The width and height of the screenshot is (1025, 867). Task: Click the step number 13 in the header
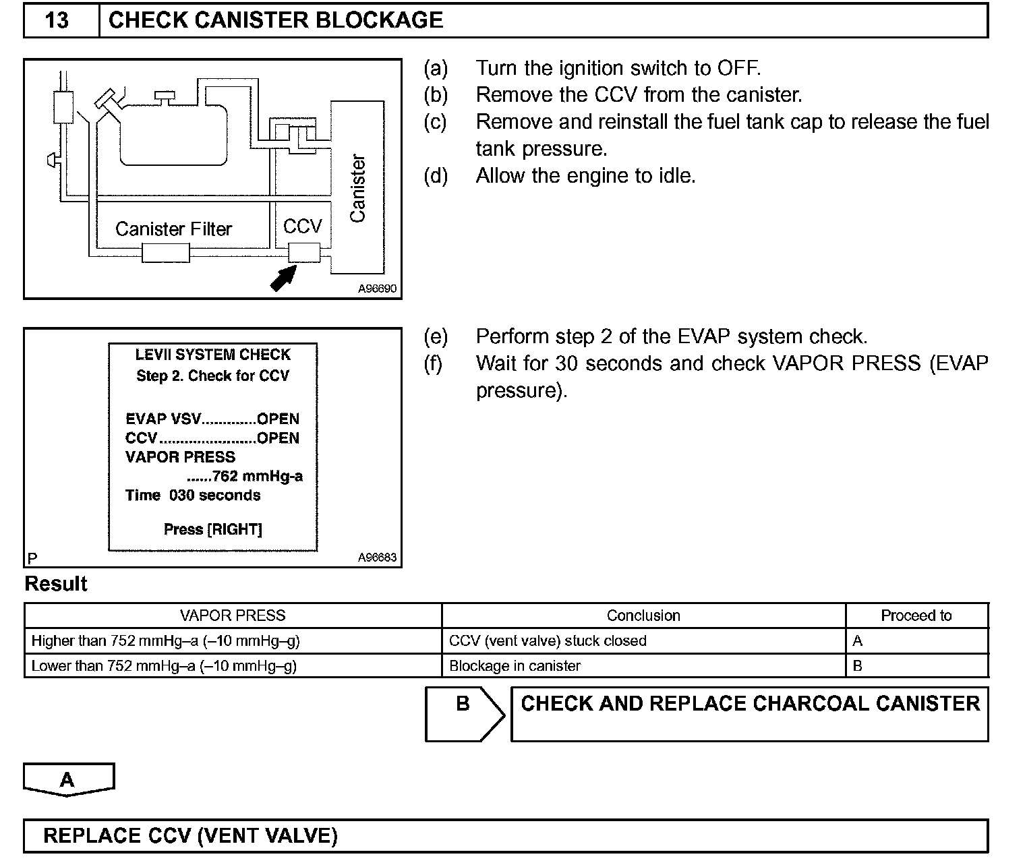57,20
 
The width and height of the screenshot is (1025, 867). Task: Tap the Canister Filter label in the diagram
173,229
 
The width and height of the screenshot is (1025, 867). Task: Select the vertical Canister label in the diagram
357,188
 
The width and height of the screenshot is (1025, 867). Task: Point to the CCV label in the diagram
303,227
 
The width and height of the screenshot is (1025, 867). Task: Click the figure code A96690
377,289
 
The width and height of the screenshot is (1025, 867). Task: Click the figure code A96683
377,558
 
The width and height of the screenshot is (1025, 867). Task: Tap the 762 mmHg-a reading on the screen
257,477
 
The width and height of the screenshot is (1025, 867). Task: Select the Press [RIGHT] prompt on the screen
213,529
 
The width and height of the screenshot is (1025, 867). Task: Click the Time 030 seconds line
193,496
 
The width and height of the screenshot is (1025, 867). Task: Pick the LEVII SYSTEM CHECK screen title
213,355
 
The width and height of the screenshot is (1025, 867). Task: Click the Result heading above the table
56,584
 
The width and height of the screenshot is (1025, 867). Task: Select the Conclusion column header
643,616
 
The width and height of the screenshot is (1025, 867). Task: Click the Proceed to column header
916,616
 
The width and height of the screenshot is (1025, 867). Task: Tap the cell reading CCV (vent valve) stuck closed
548,640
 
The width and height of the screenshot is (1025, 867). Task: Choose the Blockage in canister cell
515,666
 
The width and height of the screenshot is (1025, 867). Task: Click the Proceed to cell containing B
858,666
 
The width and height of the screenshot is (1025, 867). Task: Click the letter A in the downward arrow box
67,779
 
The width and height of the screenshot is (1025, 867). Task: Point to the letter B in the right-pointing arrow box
463,704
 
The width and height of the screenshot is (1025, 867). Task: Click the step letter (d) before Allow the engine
436,176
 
